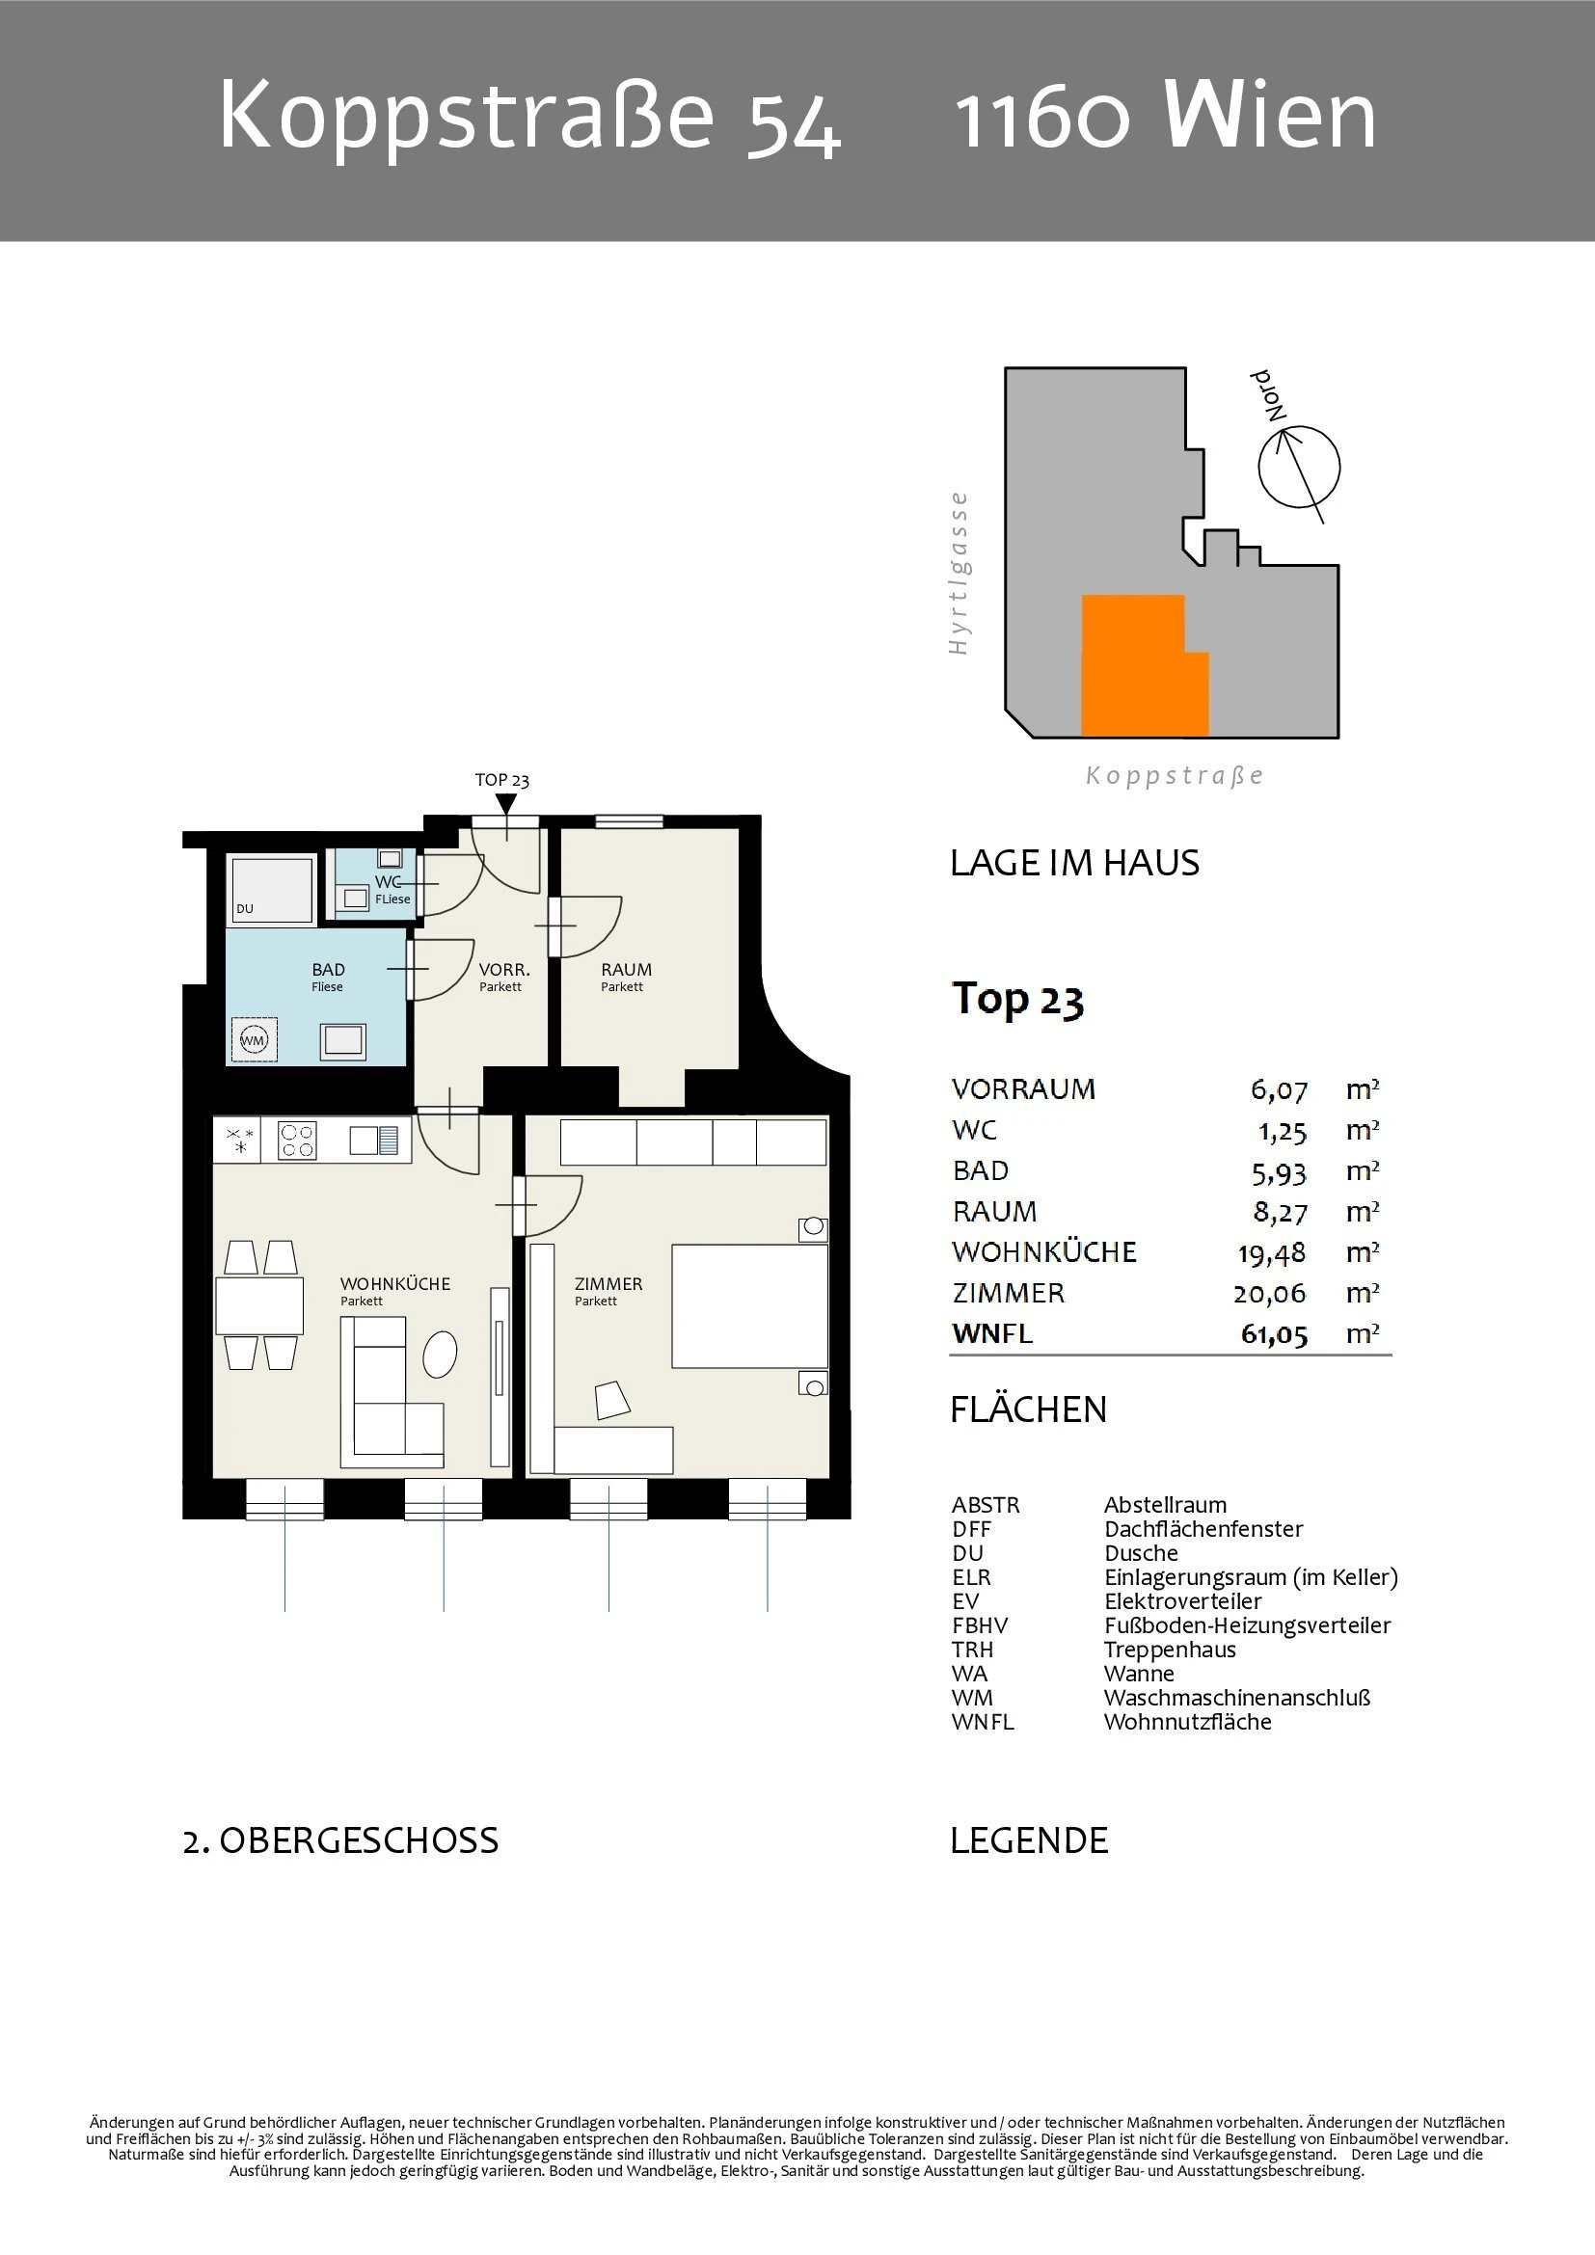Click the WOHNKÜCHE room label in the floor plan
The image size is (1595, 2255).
394,1283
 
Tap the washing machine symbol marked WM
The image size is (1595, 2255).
254,1040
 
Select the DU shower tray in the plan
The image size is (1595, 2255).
271,890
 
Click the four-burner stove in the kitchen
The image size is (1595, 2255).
297,1141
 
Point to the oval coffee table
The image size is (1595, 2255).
440,1354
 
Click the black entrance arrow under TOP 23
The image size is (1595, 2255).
504,804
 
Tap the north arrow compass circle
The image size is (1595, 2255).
1299,468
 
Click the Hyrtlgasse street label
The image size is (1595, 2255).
959,574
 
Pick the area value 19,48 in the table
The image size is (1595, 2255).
1272,1253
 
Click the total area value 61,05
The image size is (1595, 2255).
1274,1334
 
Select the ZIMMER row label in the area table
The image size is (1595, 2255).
1009,1293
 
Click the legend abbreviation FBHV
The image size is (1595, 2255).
979,1625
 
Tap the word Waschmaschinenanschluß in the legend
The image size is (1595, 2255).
1236,1697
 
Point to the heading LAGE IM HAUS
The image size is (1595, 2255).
1074,862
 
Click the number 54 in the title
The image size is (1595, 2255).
794,127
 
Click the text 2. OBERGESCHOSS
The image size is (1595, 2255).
340,1840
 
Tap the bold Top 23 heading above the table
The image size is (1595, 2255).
1017,1000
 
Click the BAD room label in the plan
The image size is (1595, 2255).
328,969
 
